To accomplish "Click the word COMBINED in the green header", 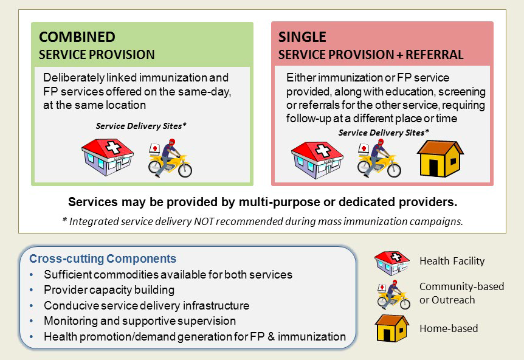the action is [x=77, y=37].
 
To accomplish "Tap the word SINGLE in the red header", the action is [x=302, y=37].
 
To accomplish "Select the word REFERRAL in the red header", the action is [x=435, y=55].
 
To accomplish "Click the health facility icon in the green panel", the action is [x=107, y=157].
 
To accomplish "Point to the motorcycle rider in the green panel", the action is [x=170, y=158].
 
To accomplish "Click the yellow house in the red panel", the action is [x=440, y=159].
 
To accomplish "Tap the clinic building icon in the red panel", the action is [x=317, y=160].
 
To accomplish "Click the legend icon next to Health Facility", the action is [x=391, y=263].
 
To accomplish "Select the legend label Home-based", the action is [x=449, y=328].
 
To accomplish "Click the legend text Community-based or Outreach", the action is [x=461, y=293].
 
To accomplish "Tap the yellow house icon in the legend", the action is [x=392, y=328].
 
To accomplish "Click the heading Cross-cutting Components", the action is [x=103, y=258].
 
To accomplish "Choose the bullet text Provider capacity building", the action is [x=109, y=290].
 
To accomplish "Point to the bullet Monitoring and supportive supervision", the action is [x=140, y=321].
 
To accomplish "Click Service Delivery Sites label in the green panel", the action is [x=141, y=126].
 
